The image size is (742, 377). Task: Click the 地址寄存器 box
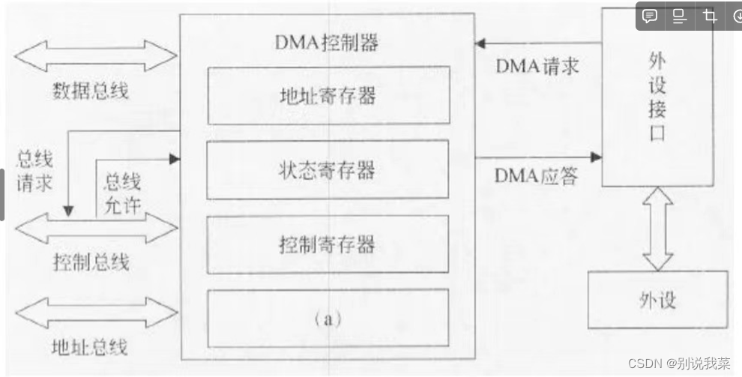click(x=328, y=95)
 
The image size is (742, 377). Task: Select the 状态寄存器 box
click(x=328, y=170)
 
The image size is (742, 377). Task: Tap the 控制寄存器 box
click(x=328, y=244)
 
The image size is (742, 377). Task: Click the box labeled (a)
click(x=328, y=318)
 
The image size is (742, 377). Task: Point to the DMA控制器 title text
click(x=328, y=42)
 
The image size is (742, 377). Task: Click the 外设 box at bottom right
click(x=657, y=300)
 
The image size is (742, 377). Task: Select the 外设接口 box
click(x=657, y=97)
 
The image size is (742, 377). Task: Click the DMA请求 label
click(x=537, y=66)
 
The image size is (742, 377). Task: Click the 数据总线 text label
click(x=90, y=91)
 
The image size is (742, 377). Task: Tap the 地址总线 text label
click(x=90, y=347)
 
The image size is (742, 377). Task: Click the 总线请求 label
click(x=34, y=171)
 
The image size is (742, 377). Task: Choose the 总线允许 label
click(x=122, y=193)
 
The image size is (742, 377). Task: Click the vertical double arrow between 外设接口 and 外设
click(x=658, y=229)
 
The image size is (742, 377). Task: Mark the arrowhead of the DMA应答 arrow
click(x=596, y=157)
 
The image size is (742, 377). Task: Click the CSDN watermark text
click(x=679, y=364)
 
